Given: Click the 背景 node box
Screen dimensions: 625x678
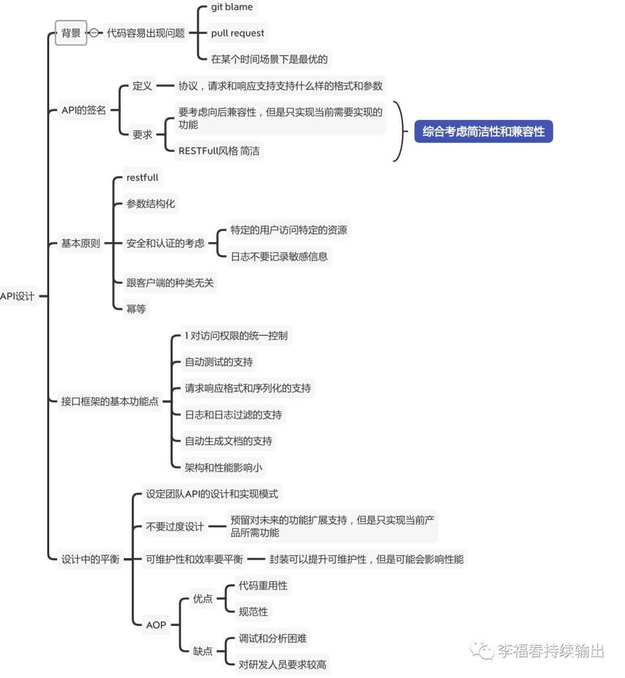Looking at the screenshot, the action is (71, 33).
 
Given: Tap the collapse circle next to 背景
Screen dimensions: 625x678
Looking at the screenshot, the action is (94, 33).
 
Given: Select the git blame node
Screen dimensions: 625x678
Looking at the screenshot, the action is (231, 8).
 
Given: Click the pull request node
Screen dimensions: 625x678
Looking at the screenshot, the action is (237, 34).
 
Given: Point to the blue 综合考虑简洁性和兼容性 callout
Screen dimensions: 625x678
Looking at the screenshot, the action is (483, 131).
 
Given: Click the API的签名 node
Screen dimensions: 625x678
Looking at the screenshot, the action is (83, 110).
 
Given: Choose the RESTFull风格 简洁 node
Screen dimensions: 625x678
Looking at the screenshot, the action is (219, 151).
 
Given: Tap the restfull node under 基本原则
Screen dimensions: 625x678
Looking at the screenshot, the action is (142, 177).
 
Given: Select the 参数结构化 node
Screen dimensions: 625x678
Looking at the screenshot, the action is (150, 204).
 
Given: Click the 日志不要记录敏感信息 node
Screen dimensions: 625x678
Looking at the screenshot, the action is (279, 256).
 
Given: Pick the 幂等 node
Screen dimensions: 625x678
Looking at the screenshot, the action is (136, 309).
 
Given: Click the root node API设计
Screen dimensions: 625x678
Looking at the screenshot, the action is (18, 296).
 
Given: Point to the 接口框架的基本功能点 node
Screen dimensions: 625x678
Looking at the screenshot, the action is (110, 401).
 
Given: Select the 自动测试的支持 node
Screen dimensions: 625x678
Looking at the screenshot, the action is (219, 362).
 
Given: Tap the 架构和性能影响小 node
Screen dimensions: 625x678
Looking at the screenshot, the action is (223, 467).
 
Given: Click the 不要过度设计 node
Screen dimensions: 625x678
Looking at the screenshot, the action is (175, 527).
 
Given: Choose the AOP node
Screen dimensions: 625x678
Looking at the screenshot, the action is (156, 625).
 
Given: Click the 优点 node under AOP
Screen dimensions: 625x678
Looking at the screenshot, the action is (203, 599).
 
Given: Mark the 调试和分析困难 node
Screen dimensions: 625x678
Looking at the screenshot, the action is (273, 638).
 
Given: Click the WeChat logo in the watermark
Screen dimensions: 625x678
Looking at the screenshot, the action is (481, 650).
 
